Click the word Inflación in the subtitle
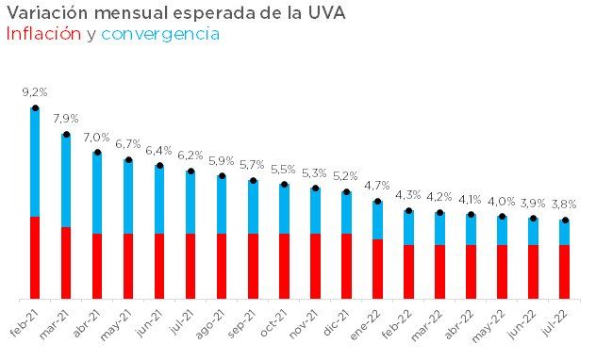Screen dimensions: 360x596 (42, 34)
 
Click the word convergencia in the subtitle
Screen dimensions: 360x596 (160, 34)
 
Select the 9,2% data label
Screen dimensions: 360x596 (35, 92)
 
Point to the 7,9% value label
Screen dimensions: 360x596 (66, 119)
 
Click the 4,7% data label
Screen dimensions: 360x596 (377, 186)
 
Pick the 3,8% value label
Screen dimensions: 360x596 (564, 205)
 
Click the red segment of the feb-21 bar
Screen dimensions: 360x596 (35, 257)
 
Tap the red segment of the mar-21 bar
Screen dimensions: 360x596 (66, 263)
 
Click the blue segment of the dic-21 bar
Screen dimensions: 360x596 (346, 213)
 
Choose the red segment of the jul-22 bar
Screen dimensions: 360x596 (564, 271)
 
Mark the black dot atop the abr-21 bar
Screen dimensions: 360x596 (97, 152)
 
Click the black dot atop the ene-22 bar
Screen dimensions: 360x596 (377, 201)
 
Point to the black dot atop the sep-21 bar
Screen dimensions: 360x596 (253, 180)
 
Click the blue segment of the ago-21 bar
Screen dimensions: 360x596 (222, 205)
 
